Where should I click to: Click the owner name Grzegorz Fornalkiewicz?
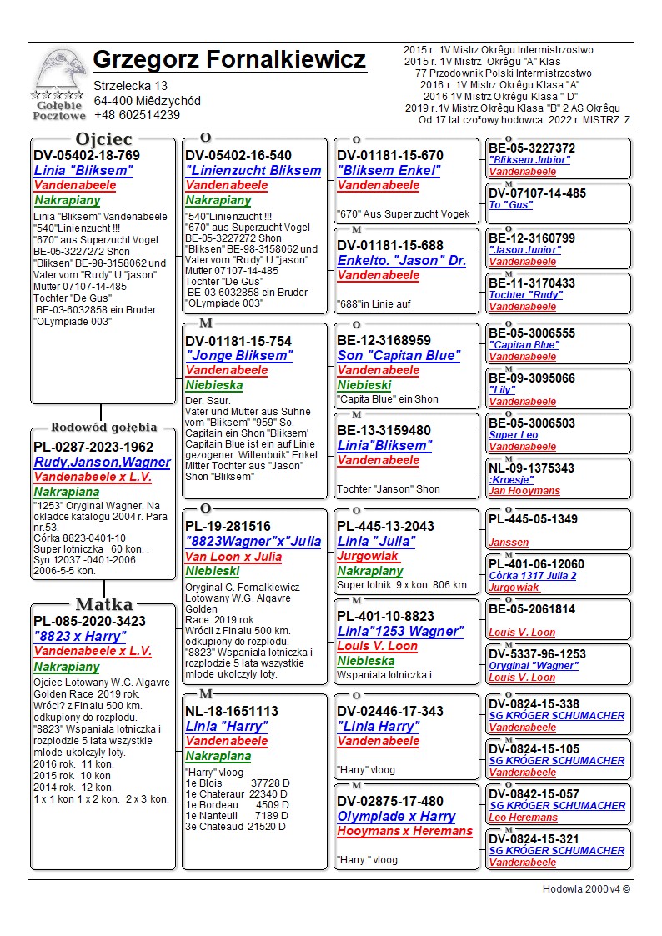click(229, 60)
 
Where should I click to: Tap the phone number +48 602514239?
click(137, 115)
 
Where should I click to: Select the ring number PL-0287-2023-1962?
click(93, 447)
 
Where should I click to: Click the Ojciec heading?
click(103, 139)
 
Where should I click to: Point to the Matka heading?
click(103, 604)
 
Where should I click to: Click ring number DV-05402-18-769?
click(87, 155)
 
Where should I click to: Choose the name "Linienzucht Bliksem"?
click(253, 171)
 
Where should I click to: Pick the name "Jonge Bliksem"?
click(239, 356)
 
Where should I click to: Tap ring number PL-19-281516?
click(228, 526)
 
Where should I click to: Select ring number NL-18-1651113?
click(232, 711)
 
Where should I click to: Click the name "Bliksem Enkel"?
click(389, 171)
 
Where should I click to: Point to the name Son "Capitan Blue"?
click(398, 356)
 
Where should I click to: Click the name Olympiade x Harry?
click(396, 816)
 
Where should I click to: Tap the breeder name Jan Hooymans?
click(524, 491)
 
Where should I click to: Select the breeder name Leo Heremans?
click(523, 818)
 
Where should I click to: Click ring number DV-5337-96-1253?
click(537, 654)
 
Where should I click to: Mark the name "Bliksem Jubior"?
click(529, 160)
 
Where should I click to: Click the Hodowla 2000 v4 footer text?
click(586, 888)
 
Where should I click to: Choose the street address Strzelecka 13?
click(130, 86)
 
